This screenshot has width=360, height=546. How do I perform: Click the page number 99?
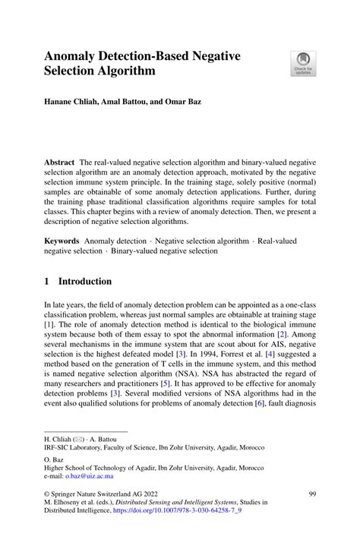pos(311,516)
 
